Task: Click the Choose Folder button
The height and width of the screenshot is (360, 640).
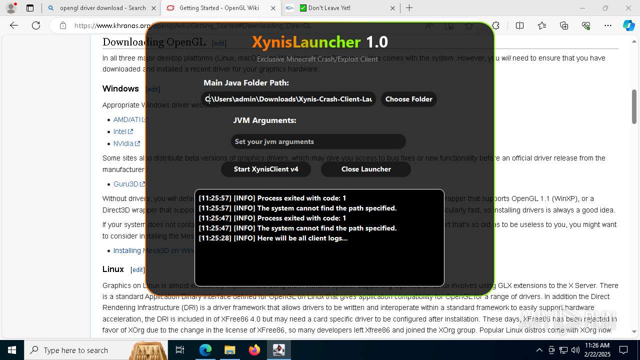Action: tap(408, 99)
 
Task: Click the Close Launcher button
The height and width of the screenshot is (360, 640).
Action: tap(366, 169)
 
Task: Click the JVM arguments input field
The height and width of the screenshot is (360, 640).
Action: tap(318, 141)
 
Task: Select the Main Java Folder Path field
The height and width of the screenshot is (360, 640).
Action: tap(288, 99)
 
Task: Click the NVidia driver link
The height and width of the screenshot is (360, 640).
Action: tap(123, 143)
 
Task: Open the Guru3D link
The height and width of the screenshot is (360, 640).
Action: tap(126, 184)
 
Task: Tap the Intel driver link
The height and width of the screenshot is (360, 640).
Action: tap(120, 131)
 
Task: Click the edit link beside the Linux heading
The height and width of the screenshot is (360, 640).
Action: tap(137, 269)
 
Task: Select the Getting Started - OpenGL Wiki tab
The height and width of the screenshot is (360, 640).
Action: tap(219, 8)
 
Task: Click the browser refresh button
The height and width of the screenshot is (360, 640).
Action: tap(36, 25)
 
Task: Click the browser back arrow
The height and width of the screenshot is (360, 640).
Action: tap(14, 25)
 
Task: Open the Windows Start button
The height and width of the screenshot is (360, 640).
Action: tap(12, 350)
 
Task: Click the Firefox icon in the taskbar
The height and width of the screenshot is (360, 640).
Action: tap(254, 350)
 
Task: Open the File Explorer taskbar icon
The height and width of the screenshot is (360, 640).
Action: tap(230, 350)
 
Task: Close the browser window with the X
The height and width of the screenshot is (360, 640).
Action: tap(628, 8)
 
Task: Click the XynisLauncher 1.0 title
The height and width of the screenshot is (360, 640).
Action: tap(319, 42)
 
